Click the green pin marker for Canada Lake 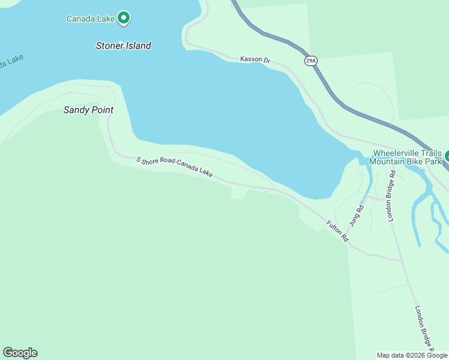click(124, 18)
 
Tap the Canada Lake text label click(90, 19)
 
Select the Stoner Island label click(124, 46)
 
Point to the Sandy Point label click(88, 110)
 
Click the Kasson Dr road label click(256, 59)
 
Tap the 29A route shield click(310, 61)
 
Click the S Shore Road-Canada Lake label click(174, 167)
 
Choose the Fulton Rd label click(337, 231)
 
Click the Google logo click(20, 353)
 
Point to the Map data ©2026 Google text click(412, 355)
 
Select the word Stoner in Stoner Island click(110, 46)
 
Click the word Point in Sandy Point click(101, 110)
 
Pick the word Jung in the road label click(359, 218)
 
